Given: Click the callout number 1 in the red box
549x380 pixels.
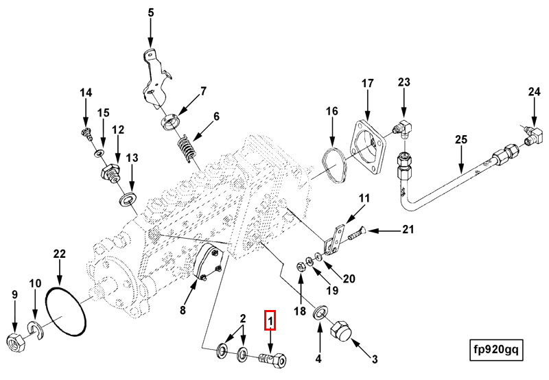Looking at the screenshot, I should tap(270, 320).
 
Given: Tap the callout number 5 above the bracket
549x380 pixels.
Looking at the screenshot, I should tap(151, 12).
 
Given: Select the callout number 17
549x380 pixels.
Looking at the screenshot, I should tap(368, 84).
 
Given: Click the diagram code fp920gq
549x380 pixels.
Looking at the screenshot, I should tap(495, 349).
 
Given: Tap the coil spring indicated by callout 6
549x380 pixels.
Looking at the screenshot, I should tap(187, 148).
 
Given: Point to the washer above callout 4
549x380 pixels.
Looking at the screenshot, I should tap(320, 314).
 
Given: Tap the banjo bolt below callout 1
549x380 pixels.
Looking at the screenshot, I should tap(272, 359).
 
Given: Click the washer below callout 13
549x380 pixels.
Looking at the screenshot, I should tap(128, 200).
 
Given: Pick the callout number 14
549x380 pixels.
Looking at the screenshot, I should tap(85, 93).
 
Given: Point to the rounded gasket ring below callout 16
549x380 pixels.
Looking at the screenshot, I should tap(334, 167).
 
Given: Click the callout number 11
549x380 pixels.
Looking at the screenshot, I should tap(364, 198).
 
